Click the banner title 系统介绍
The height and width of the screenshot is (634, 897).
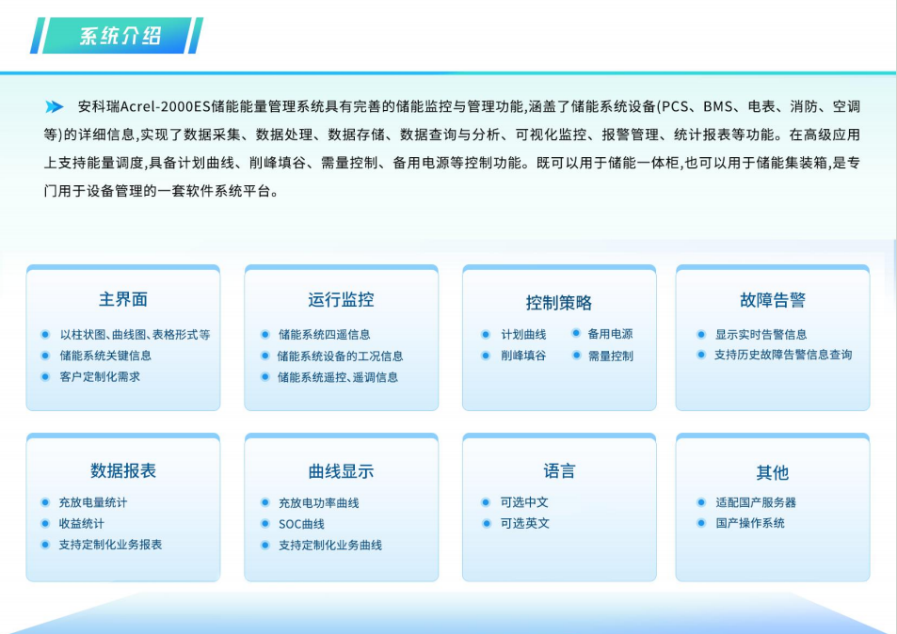[120, 36]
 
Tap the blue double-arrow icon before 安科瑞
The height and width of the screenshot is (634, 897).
[55, 106]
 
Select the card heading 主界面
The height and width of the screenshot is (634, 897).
[123, 299]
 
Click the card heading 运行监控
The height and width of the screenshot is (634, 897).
[341, 299]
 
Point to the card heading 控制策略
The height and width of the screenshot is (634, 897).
[559, 303]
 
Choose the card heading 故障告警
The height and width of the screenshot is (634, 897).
[773, 299]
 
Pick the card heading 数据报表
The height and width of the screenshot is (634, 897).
[123, 470]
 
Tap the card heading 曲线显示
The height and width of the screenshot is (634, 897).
[341, 471]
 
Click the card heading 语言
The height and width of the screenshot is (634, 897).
[559, 471]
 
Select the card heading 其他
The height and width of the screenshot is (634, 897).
[773, 472]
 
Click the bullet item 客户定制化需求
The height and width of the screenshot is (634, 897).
[100, 377]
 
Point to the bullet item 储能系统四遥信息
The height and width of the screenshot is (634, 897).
[325, 335]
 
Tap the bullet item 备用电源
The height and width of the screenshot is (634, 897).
[610, 334]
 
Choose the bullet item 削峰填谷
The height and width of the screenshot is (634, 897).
[523, 356]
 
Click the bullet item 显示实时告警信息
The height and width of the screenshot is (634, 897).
[761, 335]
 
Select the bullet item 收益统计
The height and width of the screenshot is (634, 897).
[81, 523]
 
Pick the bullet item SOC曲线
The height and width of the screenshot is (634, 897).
[301, 524]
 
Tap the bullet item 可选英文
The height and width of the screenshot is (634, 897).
[524, 523]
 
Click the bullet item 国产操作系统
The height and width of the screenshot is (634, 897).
[750, 523]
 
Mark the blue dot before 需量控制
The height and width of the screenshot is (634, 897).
[577, 355]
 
